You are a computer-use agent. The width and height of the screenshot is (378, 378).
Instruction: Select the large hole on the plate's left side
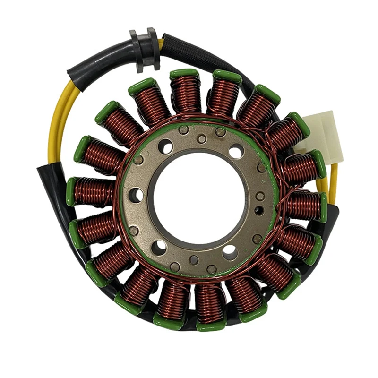(x=136, y=195)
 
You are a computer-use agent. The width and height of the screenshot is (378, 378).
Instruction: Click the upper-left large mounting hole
(x=164, y=147)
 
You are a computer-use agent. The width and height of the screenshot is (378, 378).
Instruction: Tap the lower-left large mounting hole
(x=160, y=247)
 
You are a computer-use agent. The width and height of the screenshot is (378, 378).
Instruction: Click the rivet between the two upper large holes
(x=202, y=139)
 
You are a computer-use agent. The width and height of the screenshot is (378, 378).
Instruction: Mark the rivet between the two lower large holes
(x=194, y=259)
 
